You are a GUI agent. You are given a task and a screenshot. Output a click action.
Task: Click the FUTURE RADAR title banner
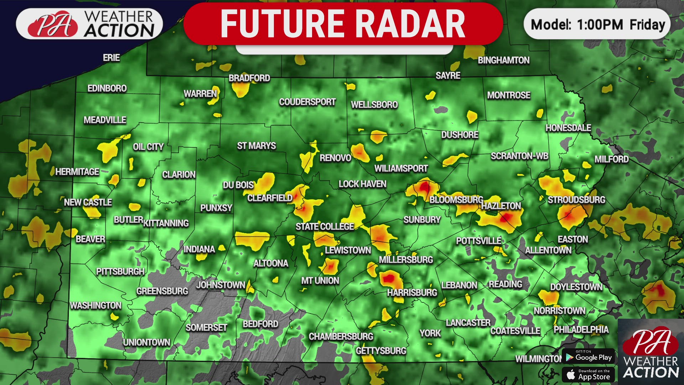[x=343, y=24]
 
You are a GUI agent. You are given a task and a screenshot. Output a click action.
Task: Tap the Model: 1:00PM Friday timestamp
[x=597, y=24]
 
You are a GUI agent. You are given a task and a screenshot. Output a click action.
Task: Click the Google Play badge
[x=589, y=357]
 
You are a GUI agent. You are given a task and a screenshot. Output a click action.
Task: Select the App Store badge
[x=589, y=375]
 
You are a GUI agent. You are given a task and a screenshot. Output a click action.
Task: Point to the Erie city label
[x=111, y=58]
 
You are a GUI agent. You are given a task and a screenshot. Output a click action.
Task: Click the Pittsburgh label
[x=120, y=272]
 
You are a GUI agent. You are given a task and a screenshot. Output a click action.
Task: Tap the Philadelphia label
[x=581, y=329]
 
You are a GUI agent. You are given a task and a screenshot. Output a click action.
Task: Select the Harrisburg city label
[x=412, y=293]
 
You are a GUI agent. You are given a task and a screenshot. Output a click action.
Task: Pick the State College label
[x=325, y=226]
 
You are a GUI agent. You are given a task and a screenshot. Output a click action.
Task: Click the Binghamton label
[x=503, y=60]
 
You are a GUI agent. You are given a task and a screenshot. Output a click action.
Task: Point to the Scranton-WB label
[x=519, y=156]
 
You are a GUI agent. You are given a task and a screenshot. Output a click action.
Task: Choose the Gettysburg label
[x=381, y=351]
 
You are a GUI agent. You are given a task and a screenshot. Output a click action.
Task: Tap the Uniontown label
[x=146, y=342]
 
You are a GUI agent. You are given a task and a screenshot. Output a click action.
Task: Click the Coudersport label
[x=307, y=102]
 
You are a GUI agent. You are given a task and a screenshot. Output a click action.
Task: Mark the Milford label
[x=611, y=159]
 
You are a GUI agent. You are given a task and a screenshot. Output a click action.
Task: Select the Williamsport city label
[x=401, y=168]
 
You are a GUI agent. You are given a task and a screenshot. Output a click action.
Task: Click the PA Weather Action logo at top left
[x=89, y=24]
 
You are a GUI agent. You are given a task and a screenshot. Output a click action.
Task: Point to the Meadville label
[x=105, y=120]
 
